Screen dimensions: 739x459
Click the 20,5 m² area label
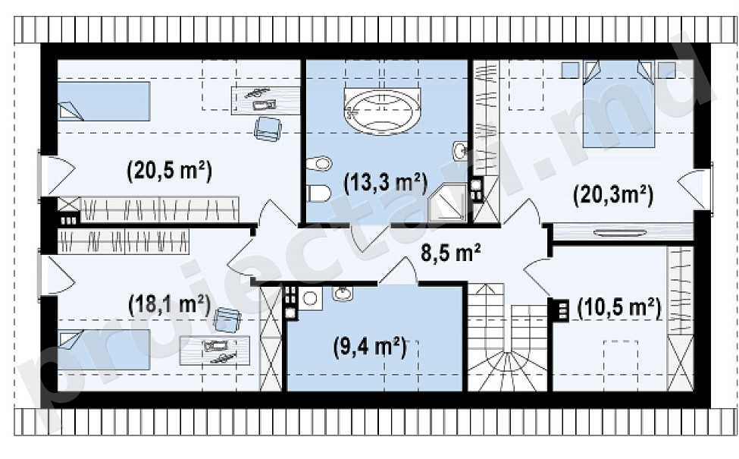click(170, 170)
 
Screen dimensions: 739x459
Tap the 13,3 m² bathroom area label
click(386, 183)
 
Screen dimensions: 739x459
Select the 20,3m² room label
click(613, 194)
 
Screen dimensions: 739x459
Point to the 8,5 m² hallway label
click(450, 253)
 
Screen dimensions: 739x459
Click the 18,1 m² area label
click(170, 304)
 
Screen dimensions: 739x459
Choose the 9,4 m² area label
click(370, 347)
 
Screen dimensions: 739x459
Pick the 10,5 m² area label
click(619, 308)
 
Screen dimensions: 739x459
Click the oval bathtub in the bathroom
click(382, 112)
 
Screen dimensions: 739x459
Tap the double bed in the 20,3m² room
click(618, 104)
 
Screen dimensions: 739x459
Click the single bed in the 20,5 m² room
click(104, 102)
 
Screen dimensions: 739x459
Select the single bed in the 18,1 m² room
click(104, 350)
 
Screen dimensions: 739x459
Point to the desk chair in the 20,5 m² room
click(268, 129)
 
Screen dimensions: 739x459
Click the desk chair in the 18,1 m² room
click(227, 320)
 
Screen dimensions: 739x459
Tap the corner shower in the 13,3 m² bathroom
click(446, 203)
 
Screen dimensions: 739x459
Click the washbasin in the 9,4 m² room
click(343, 294)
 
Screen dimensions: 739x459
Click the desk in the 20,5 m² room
click(265, 100)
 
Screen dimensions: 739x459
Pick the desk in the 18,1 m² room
click(215, 351)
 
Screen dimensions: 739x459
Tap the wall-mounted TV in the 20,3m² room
click(620, 232)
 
